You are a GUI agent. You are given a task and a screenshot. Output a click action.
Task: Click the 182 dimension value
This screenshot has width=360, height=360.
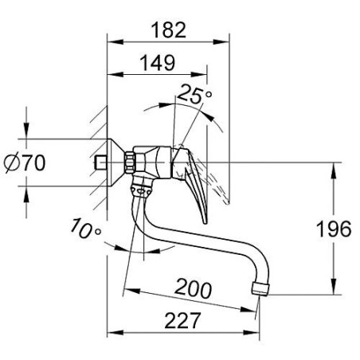point(168,30)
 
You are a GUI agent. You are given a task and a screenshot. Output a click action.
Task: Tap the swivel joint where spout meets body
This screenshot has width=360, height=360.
point(140,188)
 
